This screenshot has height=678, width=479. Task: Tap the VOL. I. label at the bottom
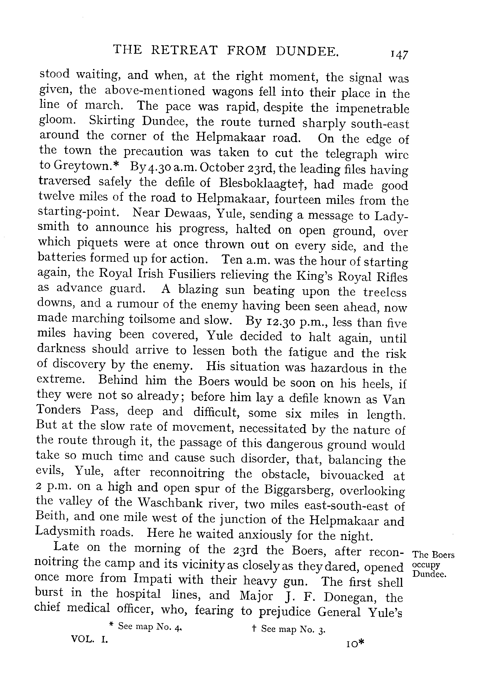click(90, 639)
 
